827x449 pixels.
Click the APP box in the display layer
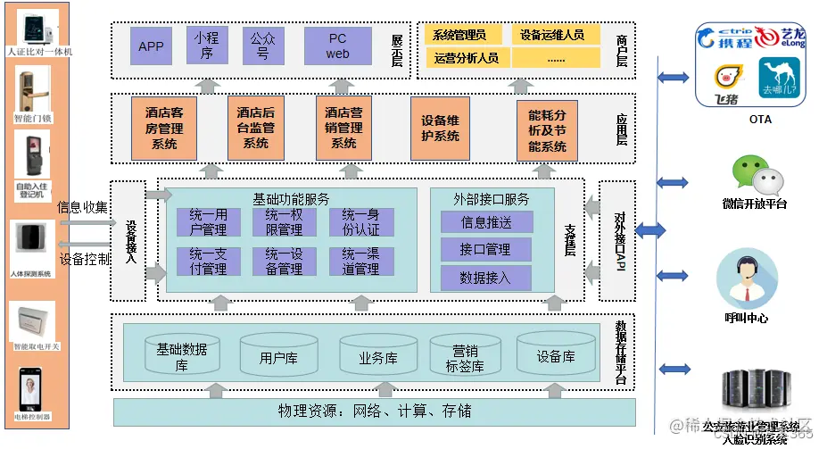click(x=151, y=46)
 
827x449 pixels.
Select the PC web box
click(x=337, y=46)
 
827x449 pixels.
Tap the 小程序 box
click(x=207, y=46)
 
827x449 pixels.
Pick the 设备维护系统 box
click(x=440, y=129)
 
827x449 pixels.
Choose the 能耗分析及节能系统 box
click(x=547, y=130)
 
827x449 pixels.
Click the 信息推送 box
click(x=486, y=222)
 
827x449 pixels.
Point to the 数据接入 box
click(x=486, y=278)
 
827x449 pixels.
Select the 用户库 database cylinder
click(x=277, y=357)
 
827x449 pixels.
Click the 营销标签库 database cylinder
click(x=465, y=358)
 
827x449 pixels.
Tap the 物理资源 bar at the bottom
click(x=375, y=412)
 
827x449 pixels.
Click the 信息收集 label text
click(x=82, y=208)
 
